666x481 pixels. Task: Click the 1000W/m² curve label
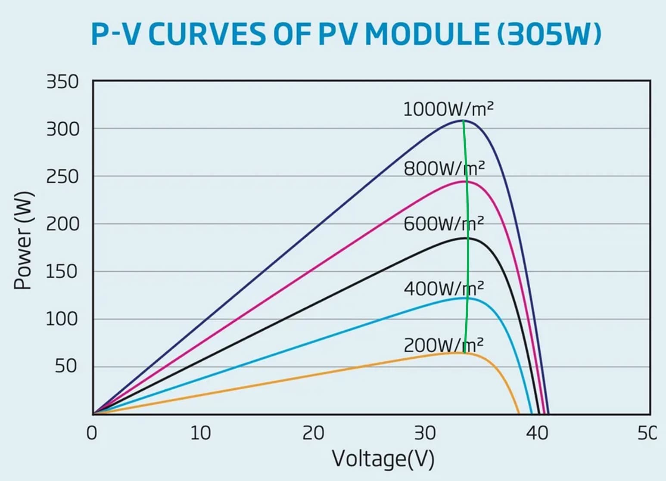pos(448,109)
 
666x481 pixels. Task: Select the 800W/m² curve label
pos(444,168)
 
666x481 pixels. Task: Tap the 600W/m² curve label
pos(444,224)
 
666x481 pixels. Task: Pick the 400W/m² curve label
pos(444,288)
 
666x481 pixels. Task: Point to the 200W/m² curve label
pos(444,345)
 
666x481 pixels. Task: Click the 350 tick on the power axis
pos(63,82)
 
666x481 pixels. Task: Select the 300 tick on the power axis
pos(63,129)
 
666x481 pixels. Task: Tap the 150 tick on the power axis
pos(62,272)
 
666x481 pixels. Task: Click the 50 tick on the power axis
pos(66,366)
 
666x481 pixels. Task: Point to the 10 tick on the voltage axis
pos(201,433)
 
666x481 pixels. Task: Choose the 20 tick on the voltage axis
pos(313,433)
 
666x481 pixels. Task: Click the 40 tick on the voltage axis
pos(537,433)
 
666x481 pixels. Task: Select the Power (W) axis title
pos(23,240)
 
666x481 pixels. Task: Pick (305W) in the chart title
pos(549,34)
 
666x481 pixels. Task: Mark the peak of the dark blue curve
pos(464,121)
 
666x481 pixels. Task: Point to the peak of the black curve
pos(467,238)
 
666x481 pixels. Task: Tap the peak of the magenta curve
pos(466,181)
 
